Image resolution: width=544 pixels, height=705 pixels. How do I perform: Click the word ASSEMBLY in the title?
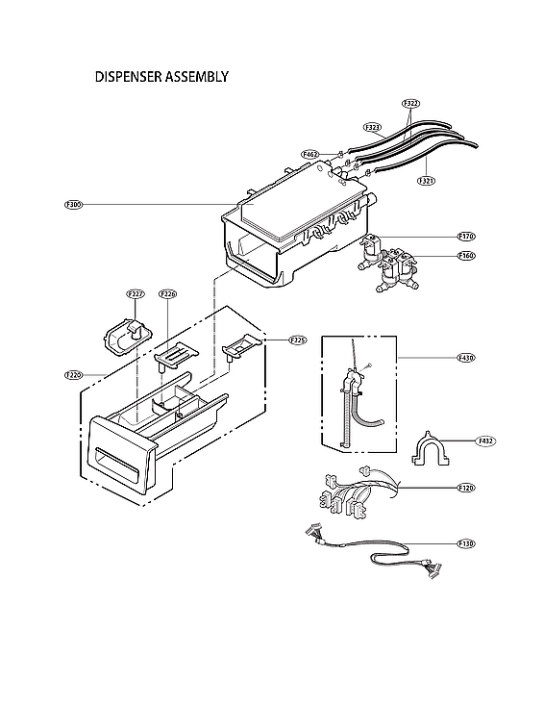click(196, 76)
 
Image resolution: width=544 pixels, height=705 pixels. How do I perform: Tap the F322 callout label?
click(411, 103)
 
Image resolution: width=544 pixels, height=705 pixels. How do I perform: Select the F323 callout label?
click(373, 127)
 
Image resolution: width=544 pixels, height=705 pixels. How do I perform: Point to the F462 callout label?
click(310, 154)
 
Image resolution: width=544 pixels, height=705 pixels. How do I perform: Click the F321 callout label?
click(426, 180)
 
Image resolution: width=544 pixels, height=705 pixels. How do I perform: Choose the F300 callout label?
click(74, 205)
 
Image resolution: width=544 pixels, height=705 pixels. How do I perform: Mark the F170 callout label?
click(466, 236)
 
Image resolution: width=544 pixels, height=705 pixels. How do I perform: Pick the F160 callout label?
click(466, 256)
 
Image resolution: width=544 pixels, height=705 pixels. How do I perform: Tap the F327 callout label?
click(135, 293)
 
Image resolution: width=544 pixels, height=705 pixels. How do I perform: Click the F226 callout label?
click(167, 293)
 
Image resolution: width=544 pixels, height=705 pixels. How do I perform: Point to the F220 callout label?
click(73, 373)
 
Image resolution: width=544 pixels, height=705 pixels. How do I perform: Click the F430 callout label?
click(466, 358)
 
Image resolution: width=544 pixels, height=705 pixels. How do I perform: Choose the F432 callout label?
click(486, 441)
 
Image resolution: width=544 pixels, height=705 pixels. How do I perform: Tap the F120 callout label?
click(466, 489)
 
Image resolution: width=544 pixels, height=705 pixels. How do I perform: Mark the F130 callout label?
click(466, 543)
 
